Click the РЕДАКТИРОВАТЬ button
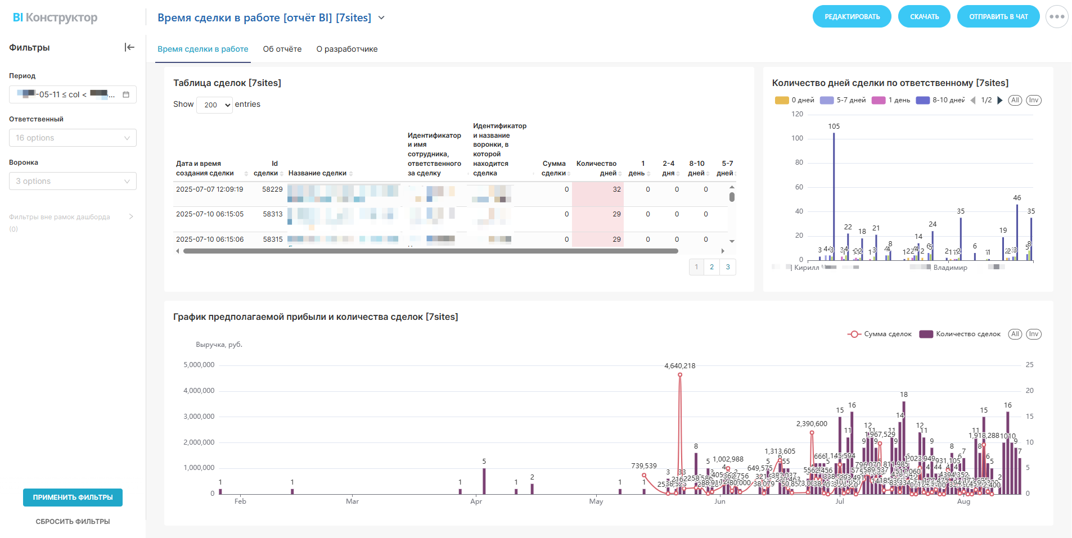coord(852,17)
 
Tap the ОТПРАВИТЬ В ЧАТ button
coord(998,17)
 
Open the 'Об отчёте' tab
coord(282,49)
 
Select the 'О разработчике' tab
coord(346,49)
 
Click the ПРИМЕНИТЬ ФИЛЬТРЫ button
coord(73,498)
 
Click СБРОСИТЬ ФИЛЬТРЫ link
coord(73,522)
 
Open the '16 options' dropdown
coord(73,138)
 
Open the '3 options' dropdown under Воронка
coord(73,181)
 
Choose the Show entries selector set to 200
coord(214,105)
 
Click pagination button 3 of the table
coord(727,267)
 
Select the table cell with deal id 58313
coord(273,214)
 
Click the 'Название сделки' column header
coord(317,173)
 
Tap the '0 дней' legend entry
coord(794,101)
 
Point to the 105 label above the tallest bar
coord(834,126)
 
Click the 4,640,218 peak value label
coord(679,366)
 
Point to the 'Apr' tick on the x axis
coord(476,501)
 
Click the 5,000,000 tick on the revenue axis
coord(199,365)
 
